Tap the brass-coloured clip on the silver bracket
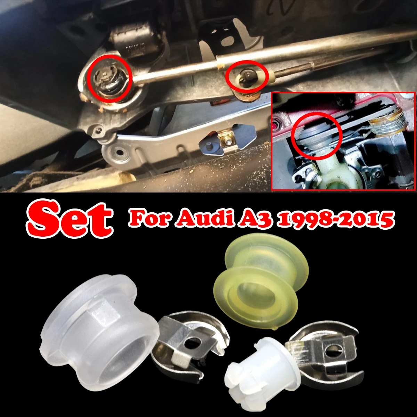pos(227,139)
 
